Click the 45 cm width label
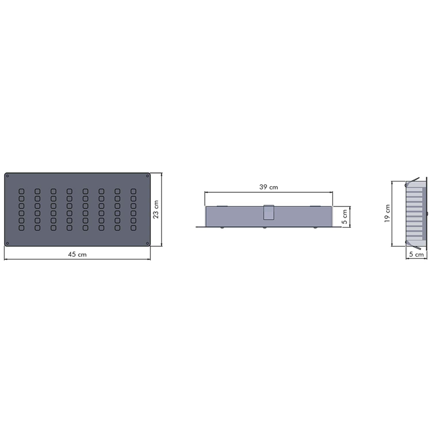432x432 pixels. (77, 254)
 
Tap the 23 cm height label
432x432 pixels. (156, 209)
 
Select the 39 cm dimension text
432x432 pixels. (268, 187)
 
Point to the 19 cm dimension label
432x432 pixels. (387, 213)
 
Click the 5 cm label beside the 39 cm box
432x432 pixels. (345, 217)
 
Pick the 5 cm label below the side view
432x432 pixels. (416, 254)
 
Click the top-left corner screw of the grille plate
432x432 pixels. (7, 176)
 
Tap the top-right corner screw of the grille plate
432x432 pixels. (148, 176)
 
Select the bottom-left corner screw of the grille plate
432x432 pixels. (7, 243)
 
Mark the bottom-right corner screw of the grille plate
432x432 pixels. (148, 243)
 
